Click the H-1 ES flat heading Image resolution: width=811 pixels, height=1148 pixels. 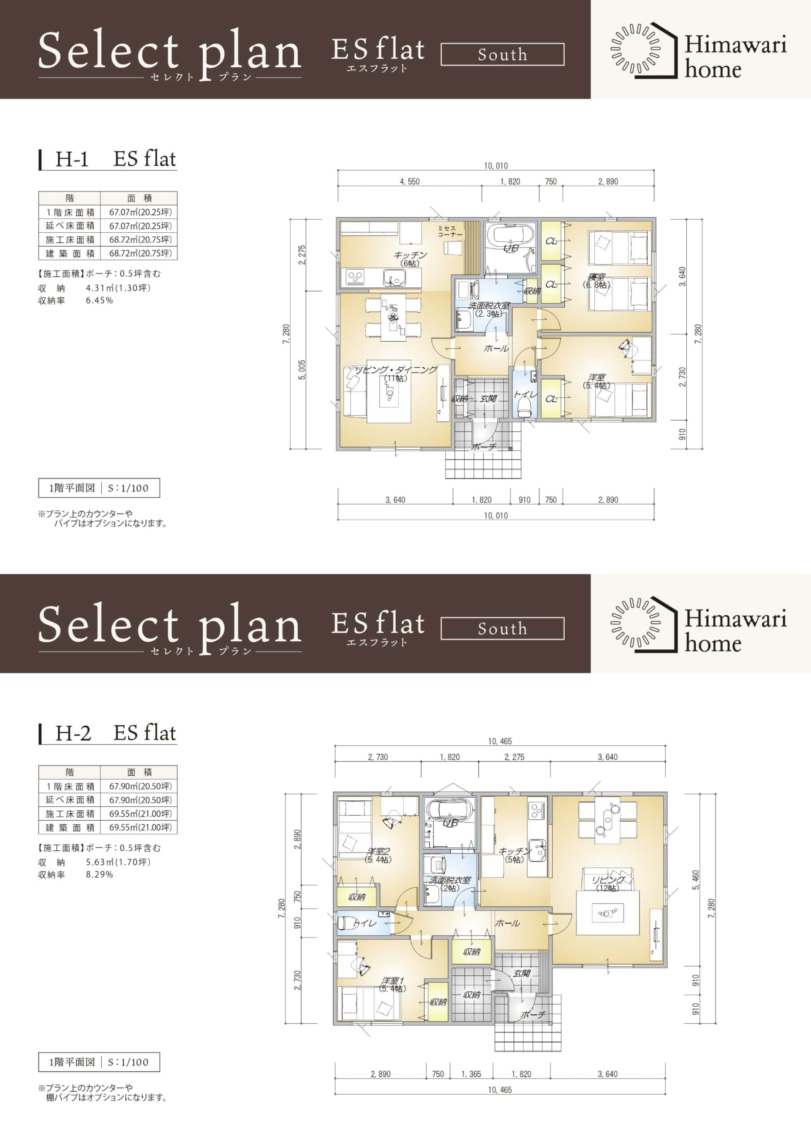point(115,159)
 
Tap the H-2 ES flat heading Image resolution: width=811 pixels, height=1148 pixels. point(115,733)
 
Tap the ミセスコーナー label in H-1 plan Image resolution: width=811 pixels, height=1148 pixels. point(450,231)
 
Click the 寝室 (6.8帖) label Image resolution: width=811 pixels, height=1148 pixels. point(597,281)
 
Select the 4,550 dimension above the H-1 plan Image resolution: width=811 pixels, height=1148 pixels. point(410,182)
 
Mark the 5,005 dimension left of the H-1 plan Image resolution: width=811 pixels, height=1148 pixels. point(302,370)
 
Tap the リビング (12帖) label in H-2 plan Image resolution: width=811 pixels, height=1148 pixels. point(608,883)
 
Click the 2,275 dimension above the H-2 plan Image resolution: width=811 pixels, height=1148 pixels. point(514,757)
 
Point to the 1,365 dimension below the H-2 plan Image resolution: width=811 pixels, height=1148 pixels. point(471,1074)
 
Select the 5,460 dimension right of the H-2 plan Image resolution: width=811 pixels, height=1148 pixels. point(696,880)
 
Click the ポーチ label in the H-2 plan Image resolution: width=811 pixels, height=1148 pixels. point(532,1014)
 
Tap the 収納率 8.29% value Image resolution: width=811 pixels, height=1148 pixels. point(100,874)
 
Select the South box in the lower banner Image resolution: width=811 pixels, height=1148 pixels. point(502,629)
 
